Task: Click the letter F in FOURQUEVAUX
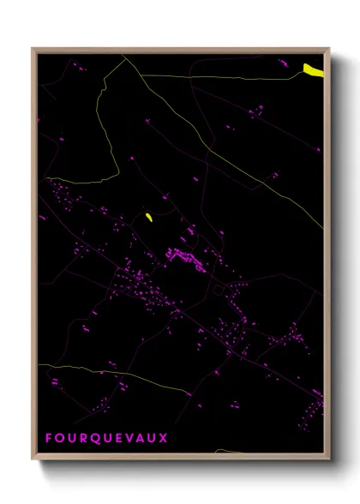pos(50,437)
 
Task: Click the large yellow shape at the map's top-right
pos(314,70)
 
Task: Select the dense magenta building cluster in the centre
pos(183,256)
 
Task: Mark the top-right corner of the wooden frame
pos(328,49)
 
